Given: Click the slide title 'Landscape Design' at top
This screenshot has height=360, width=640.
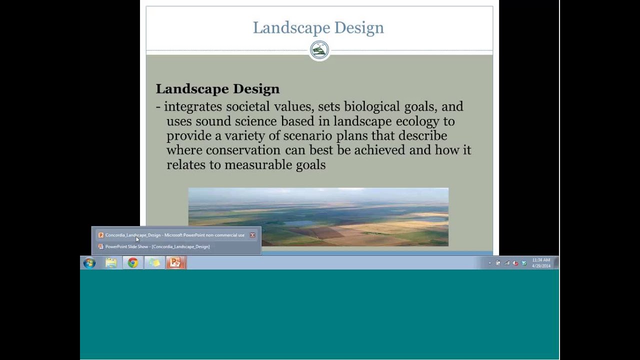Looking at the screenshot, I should click(318, 27).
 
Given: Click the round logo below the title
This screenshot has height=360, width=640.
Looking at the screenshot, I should click(319, 50).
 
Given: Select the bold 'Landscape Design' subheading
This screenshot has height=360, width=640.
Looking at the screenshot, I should click(217, 89).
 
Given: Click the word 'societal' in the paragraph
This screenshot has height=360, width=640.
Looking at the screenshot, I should click(247, 106).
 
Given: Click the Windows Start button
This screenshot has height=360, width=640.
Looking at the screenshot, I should click(89, 263).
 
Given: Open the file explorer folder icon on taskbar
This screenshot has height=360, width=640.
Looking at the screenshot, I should click(111, 263).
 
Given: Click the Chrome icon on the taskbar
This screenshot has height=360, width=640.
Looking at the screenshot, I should click(132, 263).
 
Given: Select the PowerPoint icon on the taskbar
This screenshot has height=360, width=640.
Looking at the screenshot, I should click(175, 263).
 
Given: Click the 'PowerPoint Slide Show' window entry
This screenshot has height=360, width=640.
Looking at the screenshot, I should click(157, 246).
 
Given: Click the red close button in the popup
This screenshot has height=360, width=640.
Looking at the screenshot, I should click(252, 235).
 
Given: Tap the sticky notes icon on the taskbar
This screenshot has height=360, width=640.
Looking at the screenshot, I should click(154, 263).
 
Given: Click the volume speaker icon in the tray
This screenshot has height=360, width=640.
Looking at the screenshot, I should click(515, 263).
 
